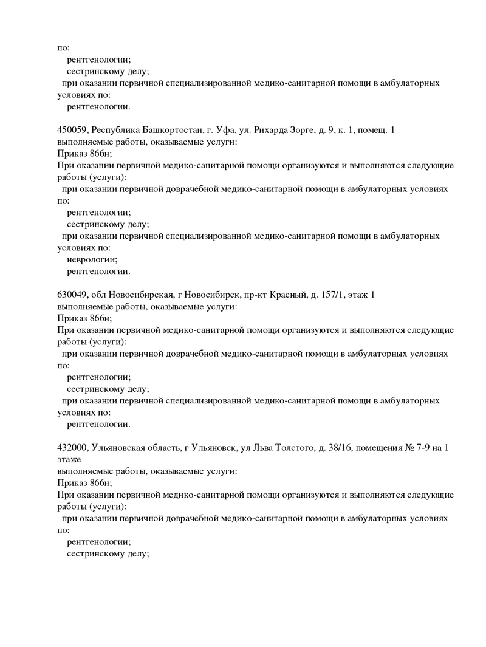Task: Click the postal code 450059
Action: pyautogui.click(x=72, y=129)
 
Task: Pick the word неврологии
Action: pyautogui.click(x=92, y=259)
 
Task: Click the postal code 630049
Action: pyautogui.click(x=72, y=295)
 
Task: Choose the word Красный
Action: pyautogui.click(x=289, y=295)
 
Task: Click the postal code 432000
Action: pyautogui.click(x=72, y=448)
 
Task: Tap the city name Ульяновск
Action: pyautogui.click(x=217, y=448)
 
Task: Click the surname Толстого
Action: pyautogui.click(x=298, y=448)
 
